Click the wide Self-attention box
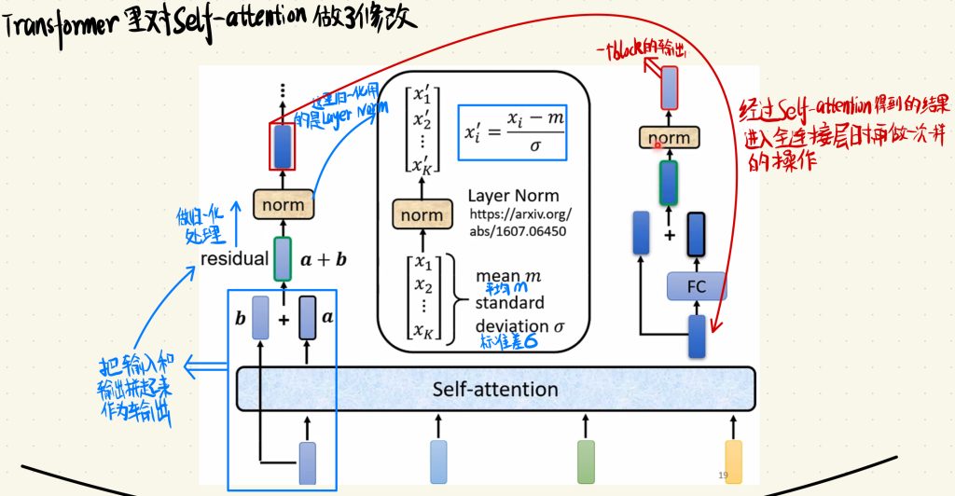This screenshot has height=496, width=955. click(495, 389)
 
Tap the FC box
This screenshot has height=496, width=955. click(696, 286)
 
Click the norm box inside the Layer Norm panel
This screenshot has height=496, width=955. click(422, 215)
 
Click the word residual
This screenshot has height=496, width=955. click(234, 258)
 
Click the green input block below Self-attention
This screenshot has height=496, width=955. click(586, 462)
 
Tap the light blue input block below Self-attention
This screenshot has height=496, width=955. click(438, 462)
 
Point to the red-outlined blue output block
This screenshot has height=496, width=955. click(283, 145)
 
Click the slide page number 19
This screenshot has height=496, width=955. click(725, 475)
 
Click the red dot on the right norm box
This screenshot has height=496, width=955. click(657, 145)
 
